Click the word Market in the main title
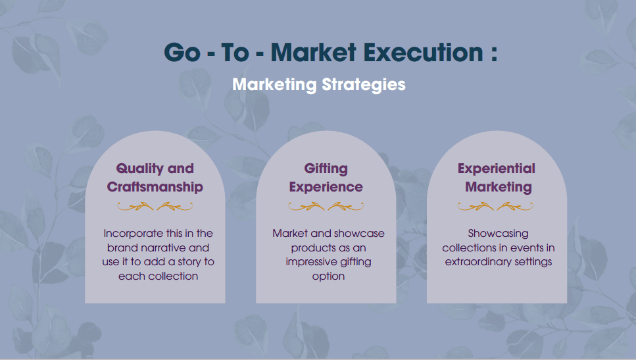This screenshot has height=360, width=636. coord(314,53)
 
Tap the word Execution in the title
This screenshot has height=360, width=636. coord(423,53)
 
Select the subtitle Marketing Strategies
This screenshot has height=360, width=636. coord(319,85)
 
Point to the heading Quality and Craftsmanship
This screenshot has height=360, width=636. coord(155,178)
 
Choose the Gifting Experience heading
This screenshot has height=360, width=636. coord(326,178)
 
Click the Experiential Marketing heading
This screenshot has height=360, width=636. coord(497,178)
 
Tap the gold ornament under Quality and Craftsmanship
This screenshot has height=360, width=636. coord(155,207)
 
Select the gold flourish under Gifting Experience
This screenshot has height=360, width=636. coord(326,207)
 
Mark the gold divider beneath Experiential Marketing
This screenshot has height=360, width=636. coord(495,207)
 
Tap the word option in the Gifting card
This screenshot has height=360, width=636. coord(329,276)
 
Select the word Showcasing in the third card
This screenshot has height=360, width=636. coord(498,234)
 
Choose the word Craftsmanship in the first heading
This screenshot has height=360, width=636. coord(155,187)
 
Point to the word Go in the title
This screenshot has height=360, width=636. coord(182,53)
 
